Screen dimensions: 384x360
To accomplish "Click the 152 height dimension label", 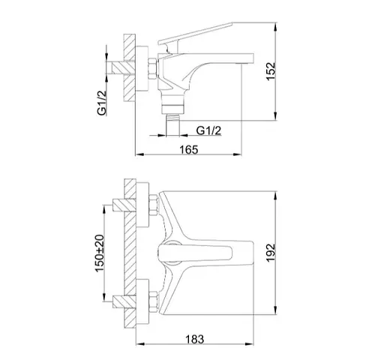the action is tap(271, 71).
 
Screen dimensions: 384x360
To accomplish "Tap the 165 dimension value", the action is tap(189, 150).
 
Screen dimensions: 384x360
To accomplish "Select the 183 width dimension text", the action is tap(194, 339).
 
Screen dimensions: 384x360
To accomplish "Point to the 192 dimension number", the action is tap(271, 253).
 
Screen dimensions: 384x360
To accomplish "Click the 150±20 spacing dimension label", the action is tap(100, 253).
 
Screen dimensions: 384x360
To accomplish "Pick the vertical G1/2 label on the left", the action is tap(102, 103).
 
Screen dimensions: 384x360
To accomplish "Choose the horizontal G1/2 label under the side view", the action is tap(208, 130).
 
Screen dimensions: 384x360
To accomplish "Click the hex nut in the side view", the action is tap(152, 69).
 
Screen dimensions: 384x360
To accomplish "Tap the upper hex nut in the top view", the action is tap(153, 205).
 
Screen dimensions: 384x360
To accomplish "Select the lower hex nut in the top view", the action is tap(153, 301).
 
